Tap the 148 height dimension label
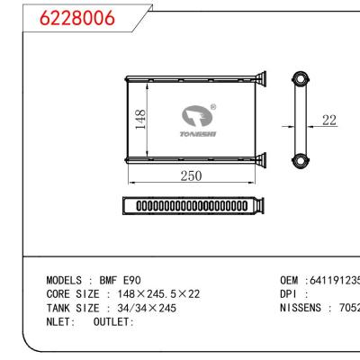pyautogui.click(x=140, y=119)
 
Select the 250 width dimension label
pyautogui.click(x=190, y=176)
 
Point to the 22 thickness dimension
pyautogui.click(x=330, y=120)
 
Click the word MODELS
pyautogui.click(x=66, y=280)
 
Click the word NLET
pyautogui.click(x=60, y=321)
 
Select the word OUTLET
pyautogui.click(x=112, y=321)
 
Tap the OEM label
pyautogui.click(x=290, y=280)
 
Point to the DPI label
pyautogui.click(x=290, y=293)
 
